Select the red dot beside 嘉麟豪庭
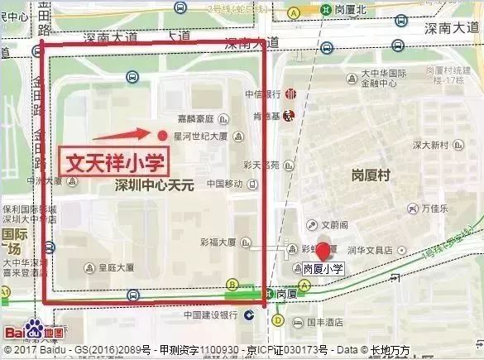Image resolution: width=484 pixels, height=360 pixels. click(162, 134)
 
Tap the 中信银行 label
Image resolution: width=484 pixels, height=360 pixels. click(263, 94)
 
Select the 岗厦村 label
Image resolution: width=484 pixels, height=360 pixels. click(370, 176)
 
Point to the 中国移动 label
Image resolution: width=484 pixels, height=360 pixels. click(224, 183)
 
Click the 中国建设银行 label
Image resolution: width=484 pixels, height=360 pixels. click(212, 314)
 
